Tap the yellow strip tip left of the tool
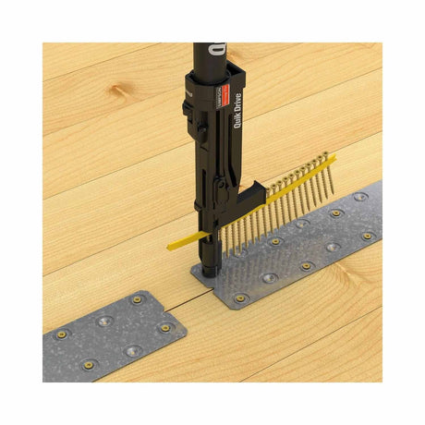173,247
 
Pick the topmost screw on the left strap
137,299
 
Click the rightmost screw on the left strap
165,328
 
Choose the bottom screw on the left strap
133,351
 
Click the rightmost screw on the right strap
368,236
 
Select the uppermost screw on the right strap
360,197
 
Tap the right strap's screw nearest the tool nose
241,298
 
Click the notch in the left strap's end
176,314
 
